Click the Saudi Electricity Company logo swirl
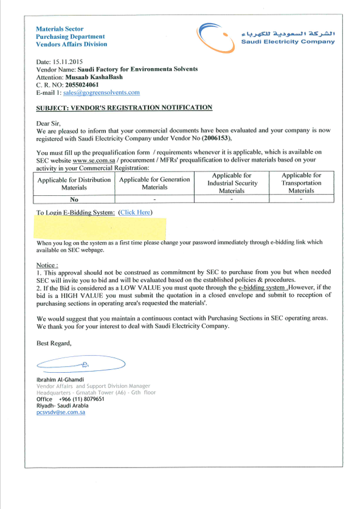[216, 36]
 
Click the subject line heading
[125, 108]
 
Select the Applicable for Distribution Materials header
[74, 184]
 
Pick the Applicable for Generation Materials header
[154, 183]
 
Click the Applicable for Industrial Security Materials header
[232, 182]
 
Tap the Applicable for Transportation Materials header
[301, 182]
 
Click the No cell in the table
[74, 199]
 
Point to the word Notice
[47, 266]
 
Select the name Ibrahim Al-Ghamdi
[60, 380]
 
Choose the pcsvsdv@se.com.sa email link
[61, 412]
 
